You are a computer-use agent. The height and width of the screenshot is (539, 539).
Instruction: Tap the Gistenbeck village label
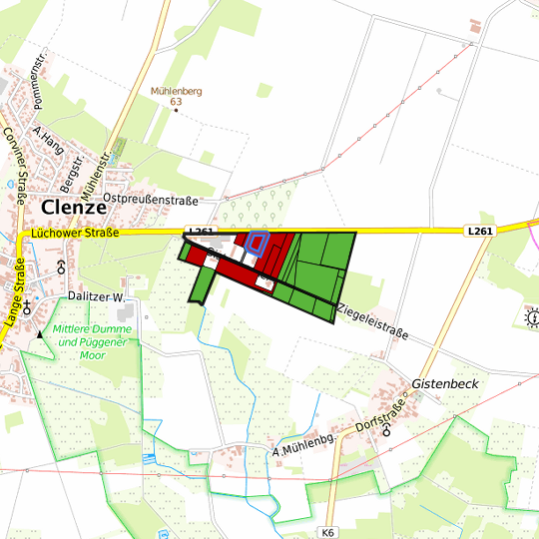click(x=446, y=383)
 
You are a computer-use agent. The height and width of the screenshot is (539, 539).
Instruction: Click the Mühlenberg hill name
click(x=176, y=91)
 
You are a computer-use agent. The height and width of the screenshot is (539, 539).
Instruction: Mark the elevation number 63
click(x=177, y=102)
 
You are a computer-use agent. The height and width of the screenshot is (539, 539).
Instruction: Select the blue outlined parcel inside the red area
click(x=258, y=245)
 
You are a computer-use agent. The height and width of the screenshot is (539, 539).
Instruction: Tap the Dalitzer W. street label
click(x=103, y=296)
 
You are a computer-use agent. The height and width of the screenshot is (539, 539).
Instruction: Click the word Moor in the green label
click(x=93, y=354)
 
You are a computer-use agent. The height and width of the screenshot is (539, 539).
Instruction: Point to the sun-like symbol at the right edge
click(x=531, y=318)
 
